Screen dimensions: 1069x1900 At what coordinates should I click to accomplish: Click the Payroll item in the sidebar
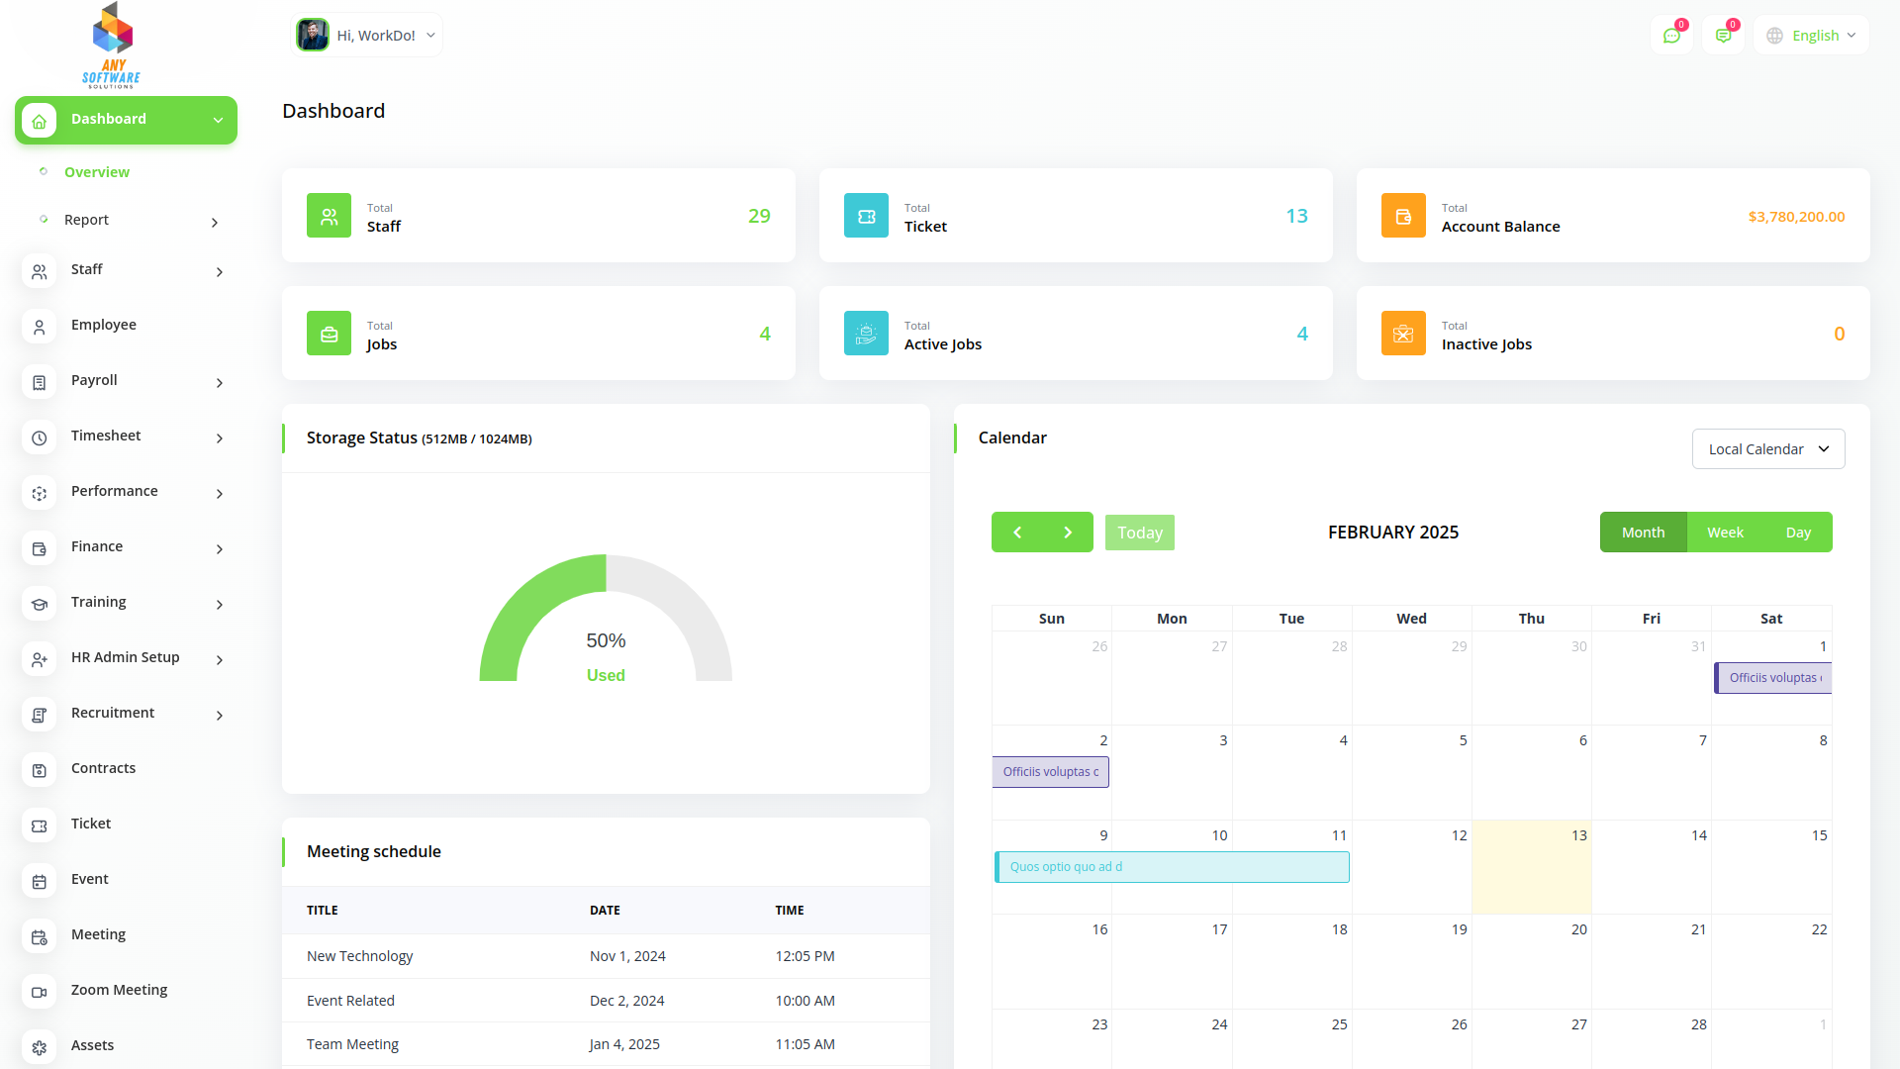94,381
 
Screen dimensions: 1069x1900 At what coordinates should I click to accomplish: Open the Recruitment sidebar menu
113,714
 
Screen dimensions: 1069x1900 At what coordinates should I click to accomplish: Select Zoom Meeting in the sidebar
119,991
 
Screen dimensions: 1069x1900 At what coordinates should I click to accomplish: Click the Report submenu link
87,221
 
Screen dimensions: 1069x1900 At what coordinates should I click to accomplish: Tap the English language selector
1812,36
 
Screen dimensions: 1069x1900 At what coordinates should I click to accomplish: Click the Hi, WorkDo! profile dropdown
367,36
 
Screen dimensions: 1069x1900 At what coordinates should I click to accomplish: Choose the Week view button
1725,533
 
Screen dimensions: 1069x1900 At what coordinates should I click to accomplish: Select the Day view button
1798,533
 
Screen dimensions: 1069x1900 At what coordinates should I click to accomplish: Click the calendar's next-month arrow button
1068,533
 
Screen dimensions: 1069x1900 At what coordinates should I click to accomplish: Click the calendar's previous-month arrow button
1017,533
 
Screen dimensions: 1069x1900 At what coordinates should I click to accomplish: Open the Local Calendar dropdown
1767,449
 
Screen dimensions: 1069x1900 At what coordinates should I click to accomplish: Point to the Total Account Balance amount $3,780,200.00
1796,217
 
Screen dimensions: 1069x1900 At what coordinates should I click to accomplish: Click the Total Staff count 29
759,216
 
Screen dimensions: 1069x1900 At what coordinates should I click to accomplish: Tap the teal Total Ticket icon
866,216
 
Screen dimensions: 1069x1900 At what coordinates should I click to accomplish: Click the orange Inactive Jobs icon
1403,334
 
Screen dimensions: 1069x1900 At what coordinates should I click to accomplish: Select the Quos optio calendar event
1172,867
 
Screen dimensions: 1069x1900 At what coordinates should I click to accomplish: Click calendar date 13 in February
1579,836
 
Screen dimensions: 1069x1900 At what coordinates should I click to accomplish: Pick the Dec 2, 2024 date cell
626,1001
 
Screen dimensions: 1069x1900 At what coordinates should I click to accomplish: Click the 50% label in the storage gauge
606,641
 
